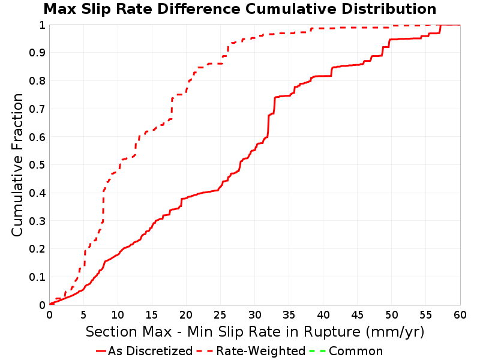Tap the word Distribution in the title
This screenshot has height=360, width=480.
click(389, 9)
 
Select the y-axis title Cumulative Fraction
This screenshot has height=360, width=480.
click(17, 164)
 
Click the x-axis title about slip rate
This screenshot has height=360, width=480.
click(255, 332)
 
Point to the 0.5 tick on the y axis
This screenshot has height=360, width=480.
click(37, 165)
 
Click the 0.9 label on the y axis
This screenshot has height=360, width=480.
click(37, 53)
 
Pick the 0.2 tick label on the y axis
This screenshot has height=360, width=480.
click(37, 249)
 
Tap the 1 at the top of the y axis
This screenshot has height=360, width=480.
click(42, 25)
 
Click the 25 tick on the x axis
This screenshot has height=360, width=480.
click(220, 314)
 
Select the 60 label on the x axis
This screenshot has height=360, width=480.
click(460, 314)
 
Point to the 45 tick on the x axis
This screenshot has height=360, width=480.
click(357, 314)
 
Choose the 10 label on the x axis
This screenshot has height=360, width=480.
click(118, 314)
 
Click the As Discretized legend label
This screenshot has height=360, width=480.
click(150, 351)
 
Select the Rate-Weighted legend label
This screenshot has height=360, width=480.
click(260, 351)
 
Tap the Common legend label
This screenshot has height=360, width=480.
click(356, 351)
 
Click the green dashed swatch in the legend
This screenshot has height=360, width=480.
click(318, 351)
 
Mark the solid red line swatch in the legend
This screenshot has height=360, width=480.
click(101, 351)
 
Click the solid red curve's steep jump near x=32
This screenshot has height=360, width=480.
click(268, 125)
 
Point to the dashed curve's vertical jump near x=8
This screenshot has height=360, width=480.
click(103, 206)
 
